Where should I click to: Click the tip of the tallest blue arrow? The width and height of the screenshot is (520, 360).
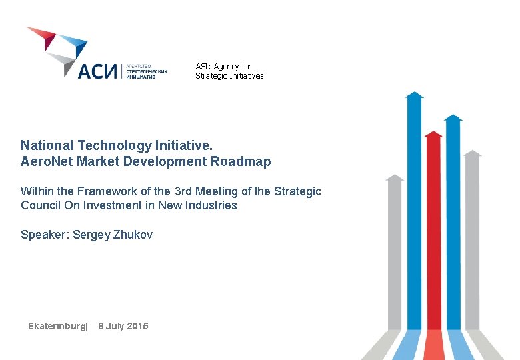414,95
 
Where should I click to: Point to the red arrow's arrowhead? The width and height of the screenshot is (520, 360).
433,134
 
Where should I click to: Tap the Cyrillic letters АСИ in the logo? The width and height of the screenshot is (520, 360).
97,71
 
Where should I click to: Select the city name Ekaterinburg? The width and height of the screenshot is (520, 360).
57,326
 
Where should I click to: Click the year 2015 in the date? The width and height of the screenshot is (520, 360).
136,326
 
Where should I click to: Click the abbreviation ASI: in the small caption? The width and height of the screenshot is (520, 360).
203,67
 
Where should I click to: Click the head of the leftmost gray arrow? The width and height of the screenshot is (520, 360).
395,178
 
